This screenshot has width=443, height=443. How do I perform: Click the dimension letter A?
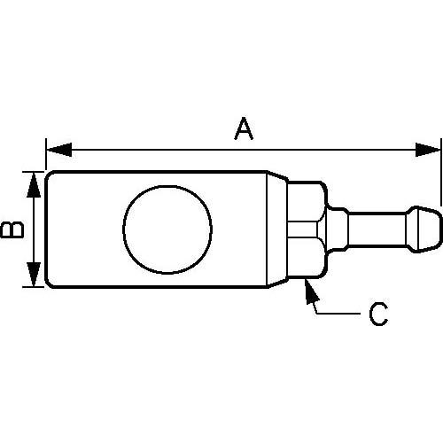pos(244,129)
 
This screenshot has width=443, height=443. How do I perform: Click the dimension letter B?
pos(12,229)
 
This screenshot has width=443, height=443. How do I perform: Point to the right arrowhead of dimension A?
pos(432,148)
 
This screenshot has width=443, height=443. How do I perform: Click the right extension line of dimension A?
pos(440,168)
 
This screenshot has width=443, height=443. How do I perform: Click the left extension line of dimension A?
pos(45,152)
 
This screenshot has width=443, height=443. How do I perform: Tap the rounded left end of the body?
pos(50,229)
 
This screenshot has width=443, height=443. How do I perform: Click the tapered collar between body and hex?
pos(278,229)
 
